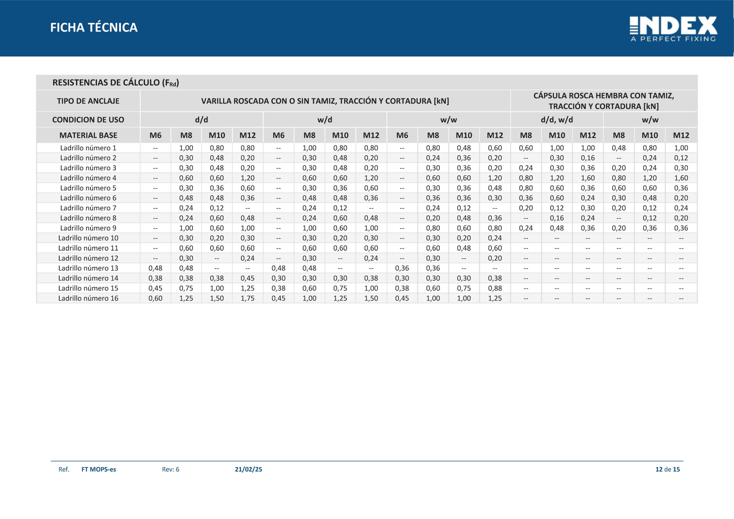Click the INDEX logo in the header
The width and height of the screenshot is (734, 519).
(673, 29)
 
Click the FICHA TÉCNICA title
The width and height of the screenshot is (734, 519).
(94, 28)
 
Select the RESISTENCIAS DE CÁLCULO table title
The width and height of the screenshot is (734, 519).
(116, 83)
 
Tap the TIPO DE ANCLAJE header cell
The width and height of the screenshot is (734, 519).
(88, 101)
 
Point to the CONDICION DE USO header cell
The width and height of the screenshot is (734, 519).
(88, 120)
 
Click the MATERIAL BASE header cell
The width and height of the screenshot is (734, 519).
(88, 135)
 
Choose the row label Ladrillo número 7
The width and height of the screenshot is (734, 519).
(88, 208)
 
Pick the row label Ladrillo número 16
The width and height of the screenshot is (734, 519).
(88, 298)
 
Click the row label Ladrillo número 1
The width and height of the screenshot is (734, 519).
(88, 148)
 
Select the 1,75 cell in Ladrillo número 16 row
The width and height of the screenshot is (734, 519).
(247, 298)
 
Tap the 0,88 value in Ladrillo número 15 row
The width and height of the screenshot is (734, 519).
(495, 288)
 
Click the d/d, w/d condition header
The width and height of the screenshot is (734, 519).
(557, 120)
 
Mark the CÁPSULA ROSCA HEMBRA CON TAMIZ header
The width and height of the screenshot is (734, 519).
(604, 101)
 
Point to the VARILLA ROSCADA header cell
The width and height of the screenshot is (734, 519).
(325, 101)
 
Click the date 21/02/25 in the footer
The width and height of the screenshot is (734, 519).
(248, 469)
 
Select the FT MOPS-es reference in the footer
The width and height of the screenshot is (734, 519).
(99, 469)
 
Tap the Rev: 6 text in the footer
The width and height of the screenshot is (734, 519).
(171, 469)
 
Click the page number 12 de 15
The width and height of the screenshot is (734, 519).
(667, 469)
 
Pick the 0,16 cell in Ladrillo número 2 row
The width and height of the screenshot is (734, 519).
(587, 158)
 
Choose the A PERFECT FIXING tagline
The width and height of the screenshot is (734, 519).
(673, 39)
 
